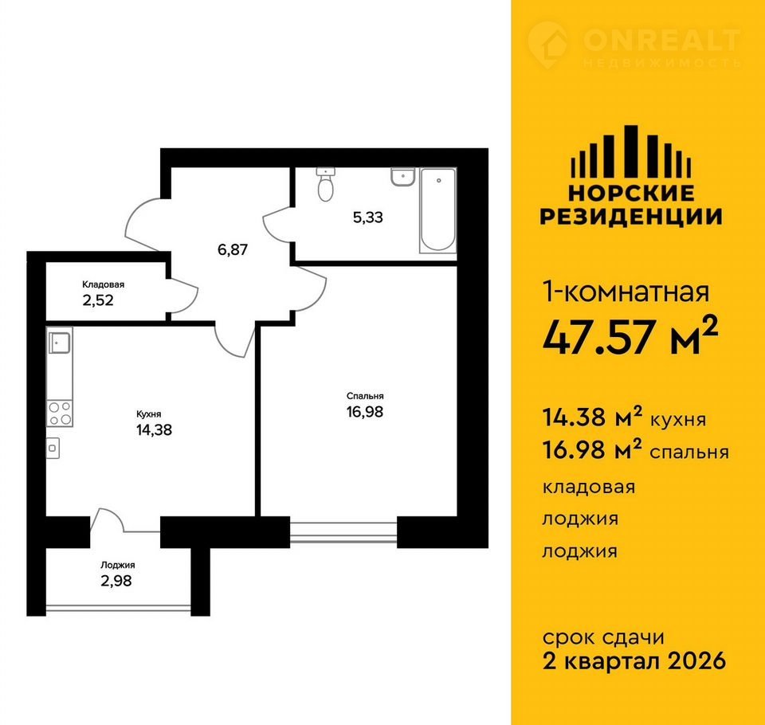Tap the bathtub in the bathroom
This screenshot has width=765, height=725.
coord(437,210)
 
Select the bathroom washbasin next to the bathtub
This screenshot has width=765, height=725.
coord(403,177)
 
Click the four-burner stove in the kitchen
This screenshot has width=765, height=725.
coord(60,413)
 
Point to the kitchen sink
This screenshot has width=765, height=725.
coord(60,343)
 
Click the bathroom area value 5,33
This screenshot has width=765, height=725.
coord(368,217)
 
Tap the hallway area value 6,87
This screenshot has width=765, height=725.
coord(233,250)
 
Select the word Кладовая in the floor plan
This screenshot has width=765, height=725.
coord(103,284)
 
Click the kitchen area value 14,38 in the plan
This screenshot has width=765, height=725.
coord(154,430)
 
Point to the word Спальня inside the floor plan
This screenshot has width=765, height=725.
coord(365,396)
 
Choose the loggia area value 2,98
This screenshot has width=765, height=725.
coord(116,581)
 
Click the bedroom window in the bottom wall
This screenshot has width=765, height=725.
coord(343,532)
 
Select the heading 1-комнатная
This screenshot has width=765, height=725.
coord(626,292)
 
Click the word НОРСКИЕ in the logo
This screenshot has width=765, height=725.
coord(631,194)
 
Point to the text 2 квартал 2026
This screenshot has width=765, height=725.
coord(634,661)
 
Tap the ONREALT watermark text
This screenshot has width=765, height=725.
coord(661,40)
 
